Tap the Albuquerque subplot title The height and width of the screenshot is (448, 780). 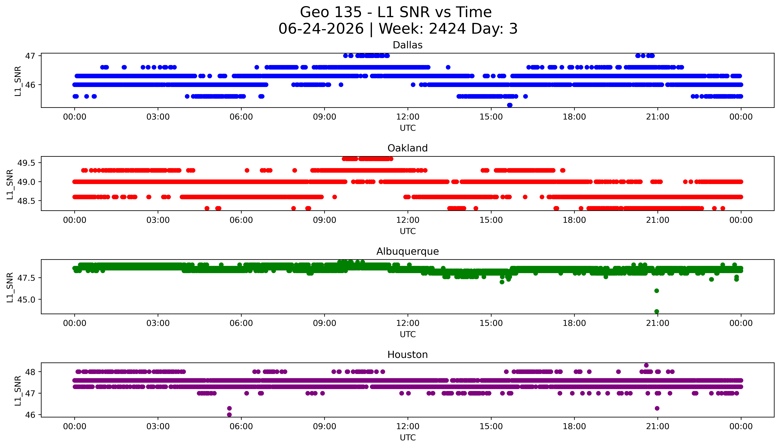pos(408,251)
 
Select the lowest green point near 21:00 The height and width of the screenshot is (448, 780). pos(657,311)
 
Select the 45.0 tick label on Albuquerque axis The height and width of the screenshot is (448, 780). pos(26,299)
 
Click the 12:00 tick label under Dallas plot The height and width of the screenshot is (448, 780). pos(408,117)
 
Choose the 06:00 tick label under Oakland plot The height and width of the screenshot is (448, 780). pos(241,220)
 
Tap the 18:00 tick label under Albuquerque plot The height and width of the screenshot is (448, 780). pos(574,323)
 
